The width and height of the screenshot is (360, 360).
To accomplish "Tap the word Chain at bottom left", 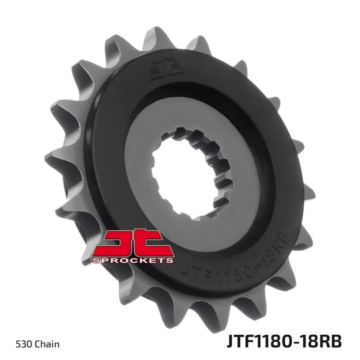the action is (x=48, y=344).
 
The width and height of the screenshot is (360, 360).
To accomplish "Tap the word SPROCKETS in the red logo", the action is (x=133, y=260).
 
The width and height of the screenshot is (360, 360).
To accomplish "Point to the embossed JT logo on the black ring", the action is (x=167, y=70).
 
